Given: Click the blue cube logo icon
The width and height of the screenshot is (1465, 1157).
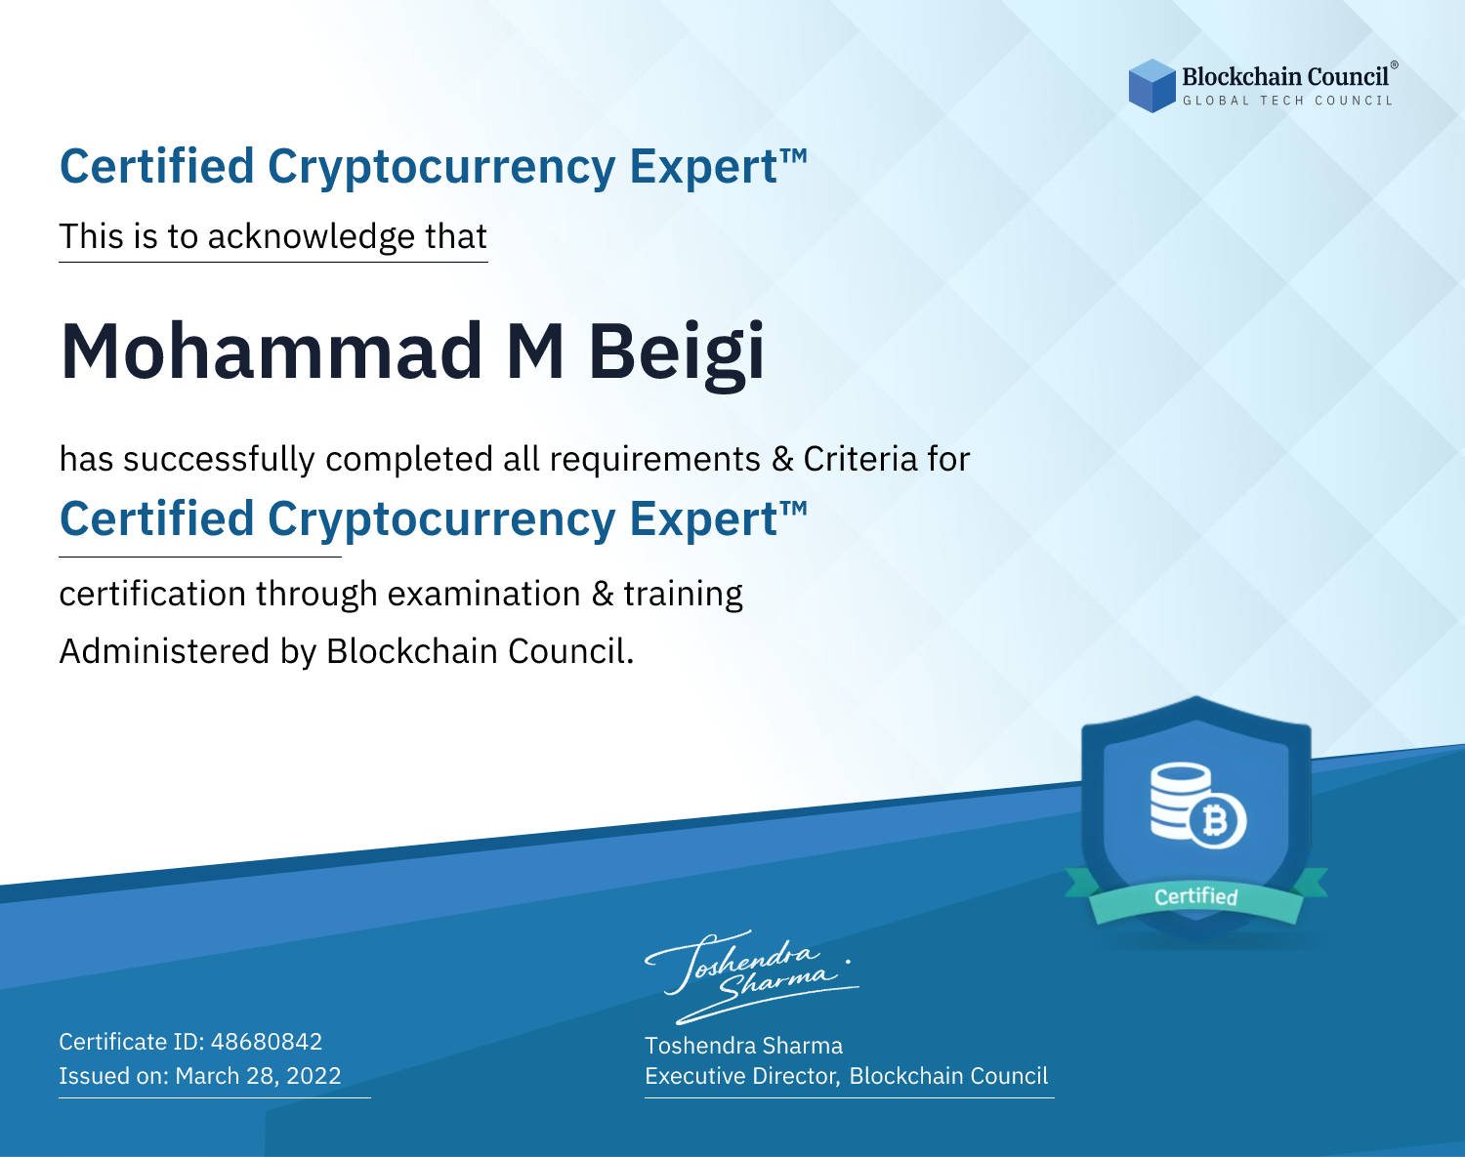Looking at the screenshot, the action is [x=1151, y=86].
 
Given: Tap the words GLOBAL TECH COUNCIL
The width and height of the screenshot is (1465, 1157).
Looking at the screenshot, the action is [x=1288, y=101].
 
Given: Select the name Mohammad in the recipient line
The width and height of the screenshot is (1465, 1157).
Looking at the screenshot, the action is [x=272, y=351].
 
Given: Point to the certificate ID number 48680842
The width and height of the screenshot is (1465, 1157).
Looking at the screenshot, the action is [x=267, y=1041].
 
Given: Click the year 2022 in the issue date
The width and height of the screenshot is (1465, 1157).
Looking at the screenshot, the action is [x=314, y=1075].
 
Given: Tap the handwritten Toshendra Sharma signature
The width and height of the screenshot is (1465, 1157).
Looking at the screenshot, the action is [x=751, y=976].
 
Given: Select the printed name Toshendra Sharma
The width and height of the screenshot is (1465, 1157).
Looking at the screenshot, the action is [x=743, y=1046].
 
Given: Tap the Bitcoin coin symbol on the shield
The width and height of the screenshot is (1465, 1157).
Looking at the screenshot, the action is [x=1217, y=821].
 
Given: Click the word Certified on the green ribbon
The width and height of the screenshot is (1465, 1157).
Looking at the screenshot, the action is [x=1196, y=896].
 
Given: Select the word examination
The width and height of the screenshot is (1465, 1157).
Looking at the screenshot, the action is [x=484, y=594].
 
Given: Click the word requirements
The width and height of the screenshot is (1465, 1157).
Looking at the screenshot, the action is [x=655, y=460].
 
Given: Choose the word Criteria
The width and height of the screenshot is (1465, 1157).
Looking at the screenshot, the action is [x=859, y=459].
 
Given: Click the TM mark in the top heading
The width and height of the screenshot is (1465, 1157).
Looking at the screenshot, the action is [x=793, y=156].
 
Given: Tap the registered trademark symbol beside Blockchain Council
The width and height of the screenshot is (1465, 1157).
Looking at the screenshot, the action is [x=1395, y=65].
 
